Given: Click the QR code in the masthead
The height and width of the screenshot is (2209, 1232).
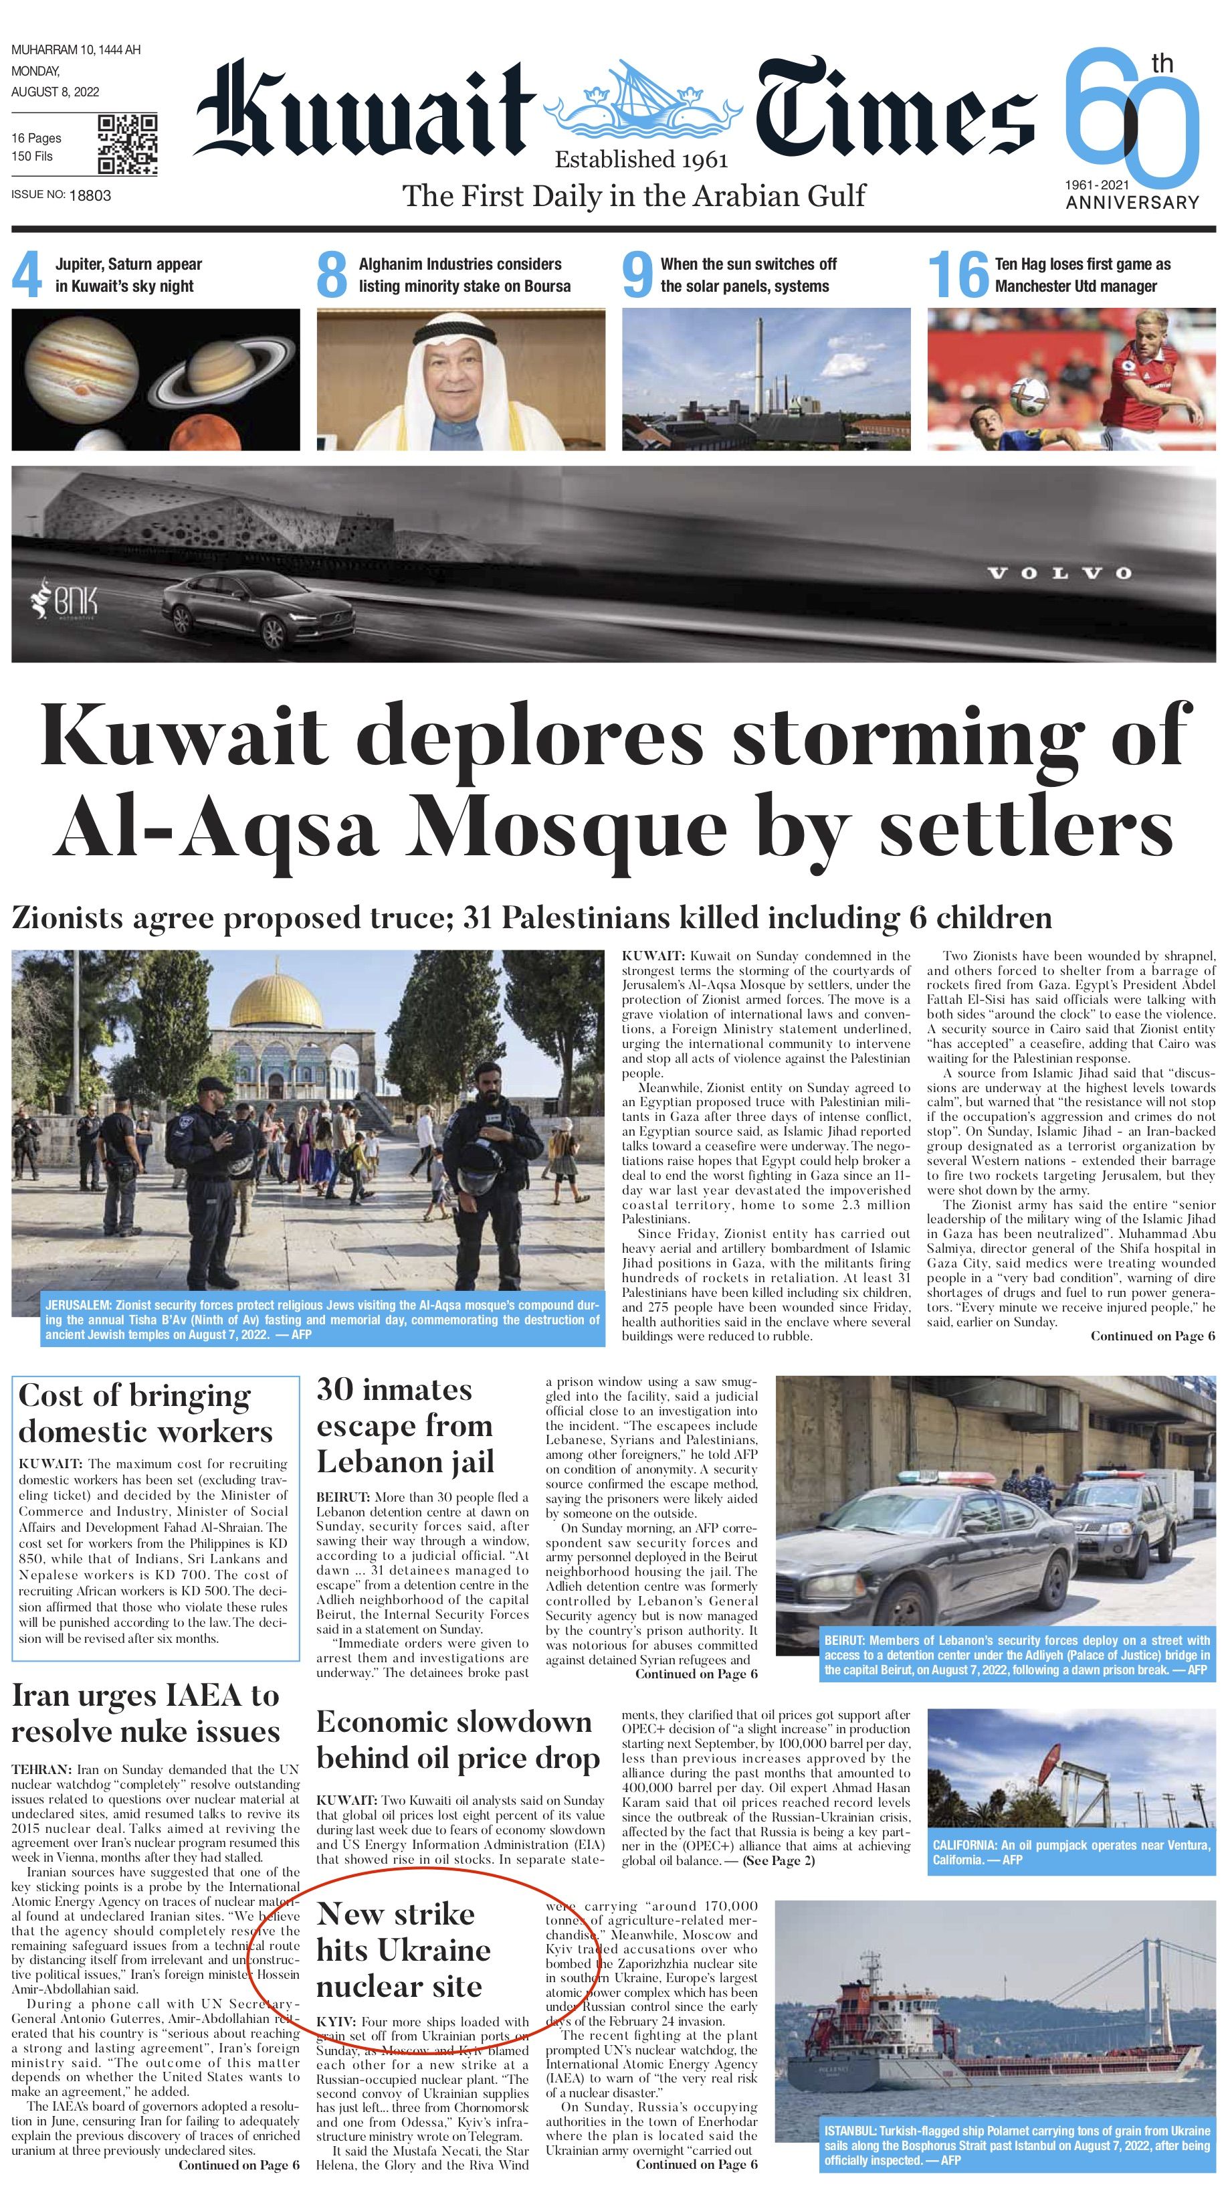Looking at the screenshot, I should [127, 143].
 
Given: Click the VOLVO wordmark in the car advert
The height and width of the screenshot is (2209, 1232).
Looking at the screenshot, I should [1059, 573].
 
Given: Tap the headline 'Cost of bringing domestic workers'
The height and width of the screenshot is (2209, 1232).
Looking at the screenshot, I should [146, 1414].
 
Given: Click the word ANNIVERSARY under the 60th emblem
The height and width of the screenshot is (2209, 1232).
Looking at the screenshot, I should [1132, 202].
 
